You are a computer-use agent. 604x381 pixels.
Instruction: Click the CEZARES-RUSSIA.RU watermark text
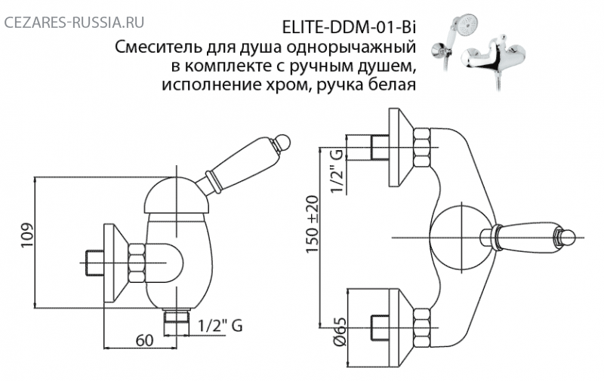coord(74,23)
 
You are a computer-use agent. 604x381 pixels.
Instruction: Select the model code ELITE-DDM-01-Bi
coord(350,28)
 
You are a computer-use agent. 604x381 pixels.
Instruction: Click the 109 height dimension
coord(28,235)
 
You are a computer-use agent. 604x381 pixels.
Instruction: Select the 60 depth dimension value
coord(144,340)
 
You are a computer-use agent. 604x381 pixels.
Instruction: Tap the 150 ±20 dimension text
coord(313,224)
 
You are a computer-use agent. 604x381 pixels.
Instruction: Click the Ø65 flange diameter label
coord(339,332)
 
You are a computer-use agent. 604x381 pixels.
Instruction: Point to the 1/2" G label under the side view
coord(220,326)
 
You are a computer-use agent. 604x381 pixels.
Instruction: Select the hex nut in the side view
coord(137,263)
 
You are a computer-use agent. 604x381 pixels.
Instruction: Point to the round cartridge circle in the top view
coord(461,238)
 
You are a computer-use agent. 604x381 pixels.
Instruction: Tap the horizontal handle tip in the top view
coord(566,237)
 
